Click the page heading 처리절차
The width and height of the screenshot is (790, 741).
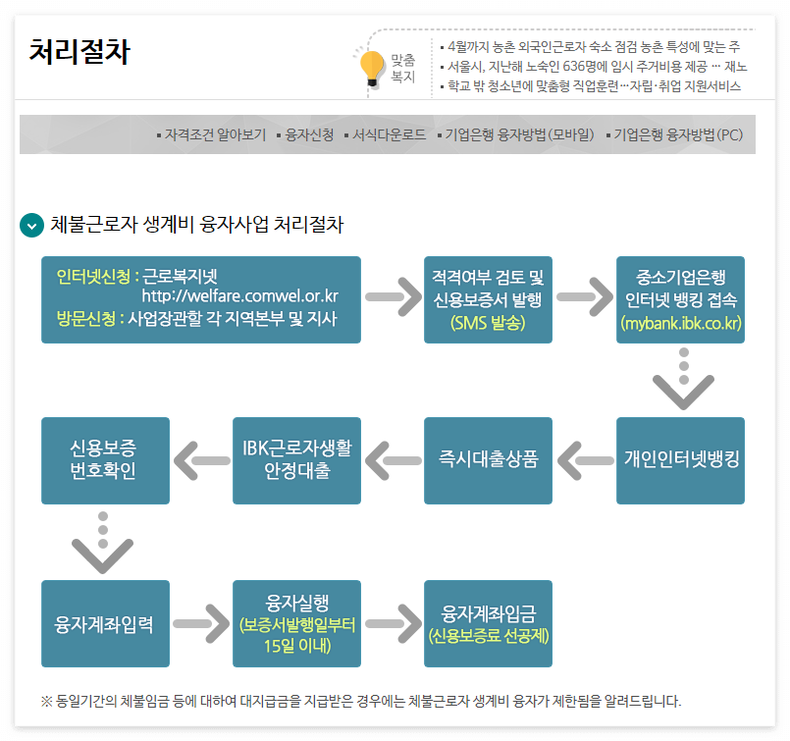click(x=79, y=52)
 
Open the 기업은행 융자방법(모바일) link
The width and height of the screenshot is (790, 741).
click(x=520, y=134)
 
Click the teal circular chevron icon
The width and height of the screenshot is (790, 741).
click(x=32, y=225)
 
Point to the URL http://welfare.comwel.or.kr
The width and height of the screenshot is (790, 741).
click(x=240, y=295)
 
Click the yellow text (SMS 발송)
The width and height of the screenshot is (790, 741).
click(x=488, y=323)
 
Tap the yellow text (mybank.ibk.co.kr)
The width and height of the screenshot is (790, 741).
click(x=681, y=323)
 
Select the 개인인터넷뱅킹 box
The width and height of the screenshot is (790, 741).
click(x=681, y=459)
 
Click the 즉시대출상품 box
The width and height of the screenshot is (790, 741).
click(x=488, y=459)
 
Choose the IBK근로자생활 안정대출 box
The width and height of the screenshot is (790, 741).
click(x=296, y=459)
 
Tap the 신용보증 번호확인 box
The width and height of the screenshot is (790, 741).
click(x=105, y=459)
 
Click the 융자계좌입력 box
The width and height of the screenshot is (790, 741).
click(x=105, y=623)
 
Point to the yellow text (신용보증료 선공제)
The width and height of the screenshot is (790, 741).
click(x=488, y=636)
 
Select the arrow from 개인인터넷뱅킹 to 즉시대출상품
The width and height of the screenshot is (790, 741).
click(x=585, y=460)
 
